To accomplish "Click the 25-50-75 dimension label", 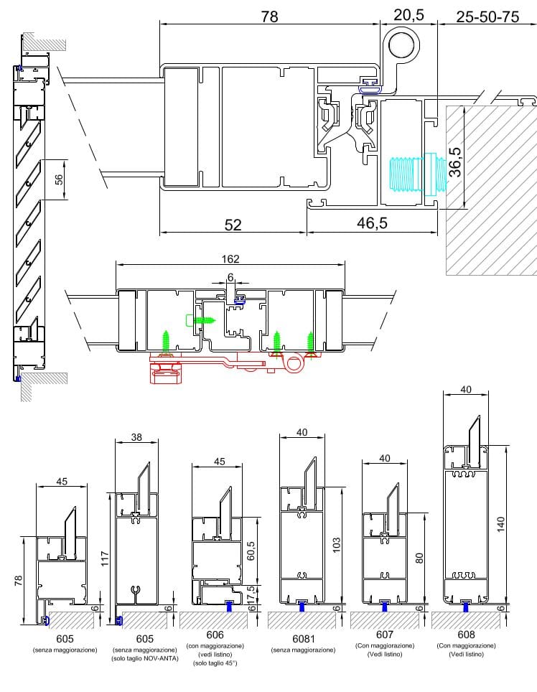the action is coord(487,17).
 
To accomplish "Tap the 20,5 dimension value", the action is coord(408,15).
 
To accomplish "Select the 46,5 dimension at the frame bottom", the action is coord(372,223).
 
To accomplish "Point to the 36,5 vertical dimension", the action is coord(455,162).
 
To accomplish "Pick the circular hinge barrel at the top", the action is coord(401,45).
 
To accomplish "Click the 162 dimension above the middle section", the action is coord(230,258).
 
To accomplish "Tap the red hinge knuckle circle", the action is coord(292,365).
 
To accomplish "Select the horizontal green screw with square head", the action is coord(201,319).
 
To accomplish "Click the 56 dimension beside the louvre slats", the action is coord(59,179).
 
